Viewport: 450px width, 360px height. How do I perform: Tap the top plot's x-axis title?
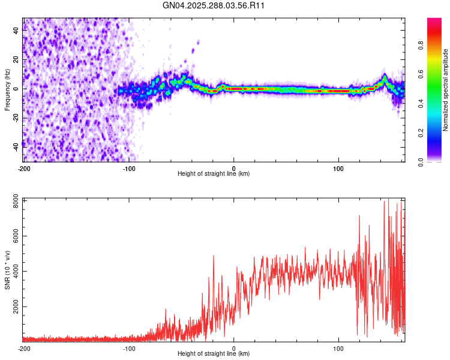[x=214, y=174]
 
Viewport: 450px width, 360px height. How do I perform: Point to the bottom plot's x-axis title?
[x=214, y=354]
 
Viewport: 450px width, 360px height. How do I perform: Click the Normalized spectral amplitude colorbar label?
[x=445, y=90]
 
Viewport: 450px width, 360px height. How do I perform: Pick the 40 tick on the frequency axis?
[x=16, y=31]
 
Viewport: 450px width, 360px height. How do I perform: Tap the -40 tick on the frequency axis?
[x=16, y=146]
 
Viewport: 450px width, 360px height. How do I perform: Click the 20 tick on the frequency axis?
[x=16, y=59]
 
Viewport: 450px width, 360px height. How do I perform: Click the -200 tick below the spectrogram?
[x=24, y=167]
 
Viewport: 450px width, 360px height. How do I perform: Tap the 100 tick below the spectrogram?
[x=339, y=167]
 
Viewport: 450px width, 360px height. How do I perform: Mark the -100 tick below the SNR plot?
[x=129, y=348]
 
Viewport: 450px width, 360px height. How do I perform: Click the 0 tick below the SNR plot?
[x=234, y=348]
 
